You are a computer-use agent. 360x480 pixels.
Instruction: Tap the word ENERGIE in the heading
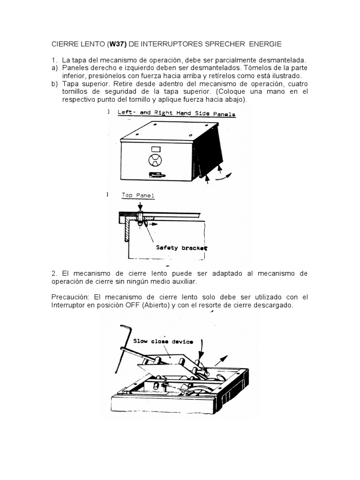coord(265,44)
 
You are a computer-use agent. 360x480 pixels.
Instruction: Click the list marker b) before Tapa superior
coord(54,84)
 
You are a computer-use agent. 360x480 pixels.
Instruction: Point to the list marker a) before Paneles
coord(54,68)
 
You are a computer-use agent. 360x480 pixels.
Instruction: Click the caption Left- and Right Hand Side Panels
coord(176,113)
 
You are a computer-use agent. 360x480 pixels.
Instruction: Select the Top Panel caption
coord(138,195)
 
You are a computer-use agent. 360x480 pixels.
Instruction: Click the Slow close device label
coord(163,341)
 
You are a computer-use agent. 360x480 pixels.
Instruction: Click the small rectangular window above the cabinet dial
coord(156,149)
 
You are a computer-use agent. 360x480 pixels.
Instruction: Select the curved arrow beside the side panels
coord(224,176)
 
